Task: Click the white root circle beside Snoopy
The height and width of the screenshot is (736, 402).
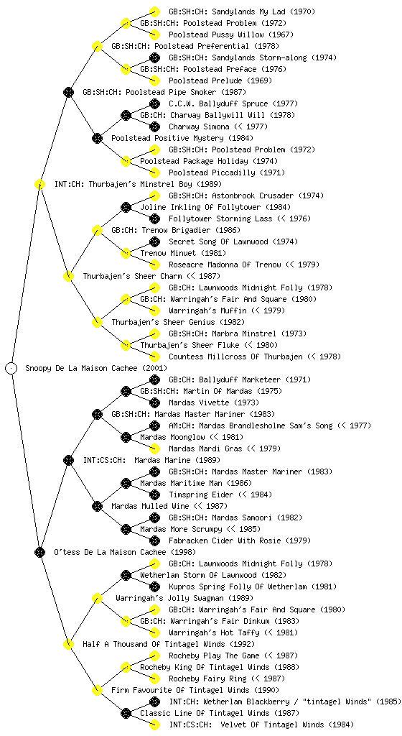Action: tap(11, 368)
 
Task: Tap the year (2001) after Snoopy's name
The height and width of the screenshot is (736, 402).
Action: tap(154, 368)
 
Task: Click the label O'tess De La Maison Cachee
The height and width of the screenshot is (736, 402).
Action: tap(110, 552)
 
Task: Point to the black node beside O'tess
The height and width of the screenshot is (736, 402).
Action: tap(39, 552)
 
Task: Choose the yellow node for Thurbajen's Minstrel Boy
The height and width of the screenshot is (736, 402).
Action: tap(39, 184)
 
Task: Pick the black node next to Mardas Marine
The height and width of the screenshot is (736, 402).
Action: tap(68, 460)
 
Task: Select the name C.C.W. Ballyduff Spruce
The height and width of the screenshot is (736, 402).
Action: tap(218, 103)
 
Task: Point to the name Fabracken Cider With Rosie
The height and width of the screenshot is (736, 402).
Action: tap(225, 540)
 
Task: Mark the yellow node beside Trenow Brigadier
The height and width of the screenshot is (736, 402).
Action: tap(97, 230)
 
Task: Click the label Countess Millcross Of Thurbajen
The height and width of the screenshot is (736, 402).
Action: tap(235, 356)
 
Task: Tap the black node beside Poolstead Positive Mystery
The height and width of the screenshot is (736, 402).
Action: tap(97, 138)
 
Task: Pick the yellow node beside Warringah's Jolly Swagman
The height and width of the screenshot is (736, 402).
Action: tap(97, 598)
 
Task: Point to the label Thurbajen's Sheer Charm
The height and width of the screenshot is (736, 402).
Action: tap(133, 276)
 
